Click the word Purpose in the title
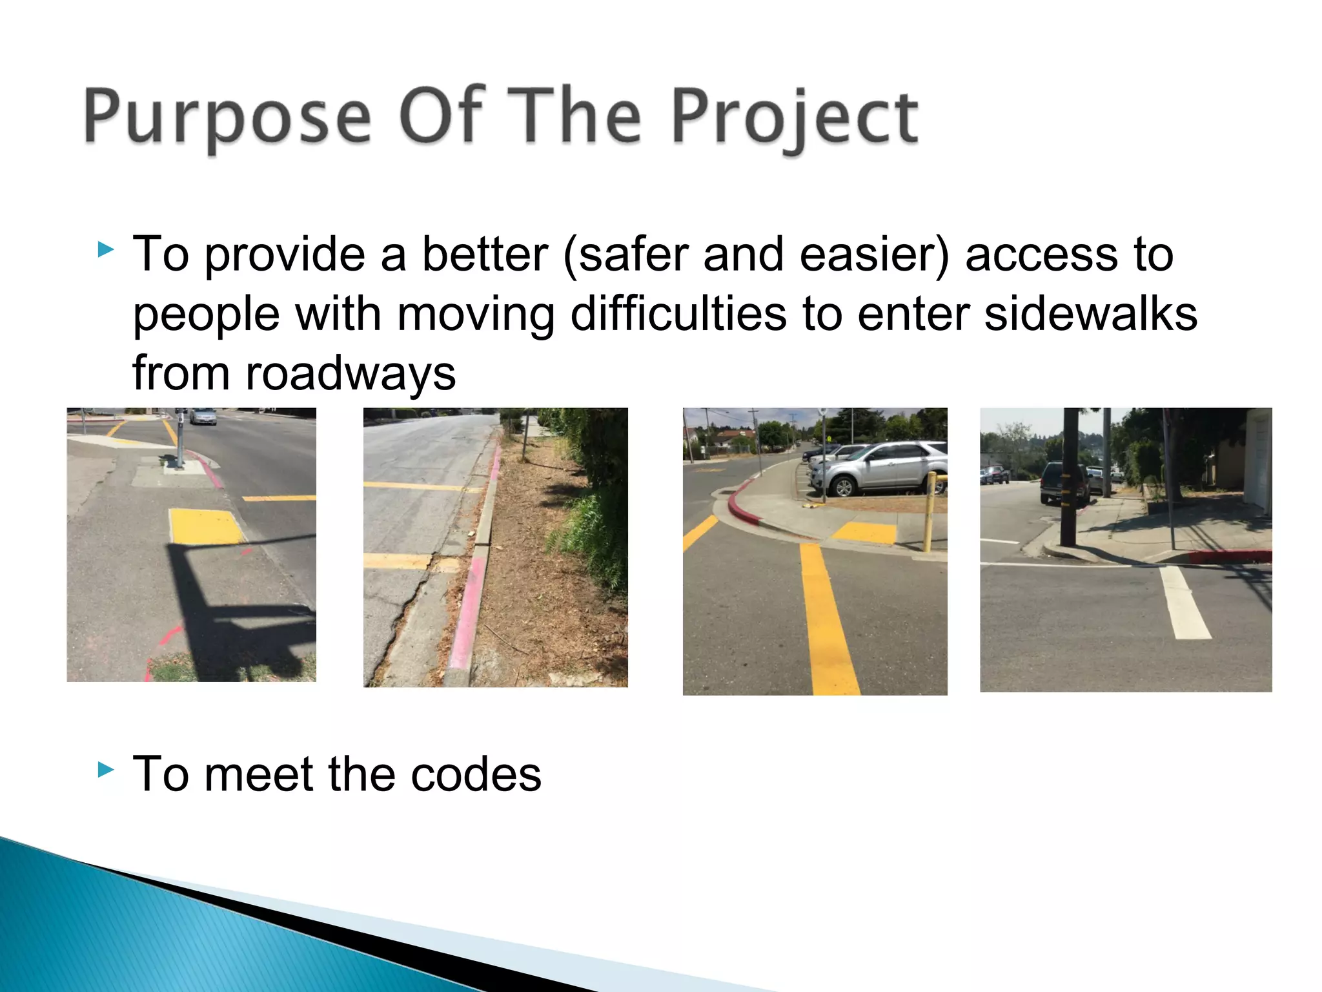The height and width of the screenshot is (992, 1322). [x=227, y=116]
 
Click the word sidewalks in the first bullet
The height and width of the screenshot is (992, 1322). [x=1091, y=315]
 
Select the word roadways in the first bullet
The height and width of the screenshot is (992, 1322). [x=351, y=374]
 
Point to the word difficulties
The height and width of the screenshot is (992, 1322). [x=678, y=315]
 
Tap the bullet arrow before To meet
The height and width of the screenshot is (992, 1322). [x=107, y=769]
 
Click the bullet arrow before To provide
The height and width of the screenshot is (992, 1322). [x=107, y=249]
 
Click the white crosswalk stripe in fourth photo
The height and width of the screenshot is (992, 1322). [x=1185, y=603]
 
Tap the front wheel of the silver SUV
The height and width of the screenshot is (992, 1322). [x=843, y=486]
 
